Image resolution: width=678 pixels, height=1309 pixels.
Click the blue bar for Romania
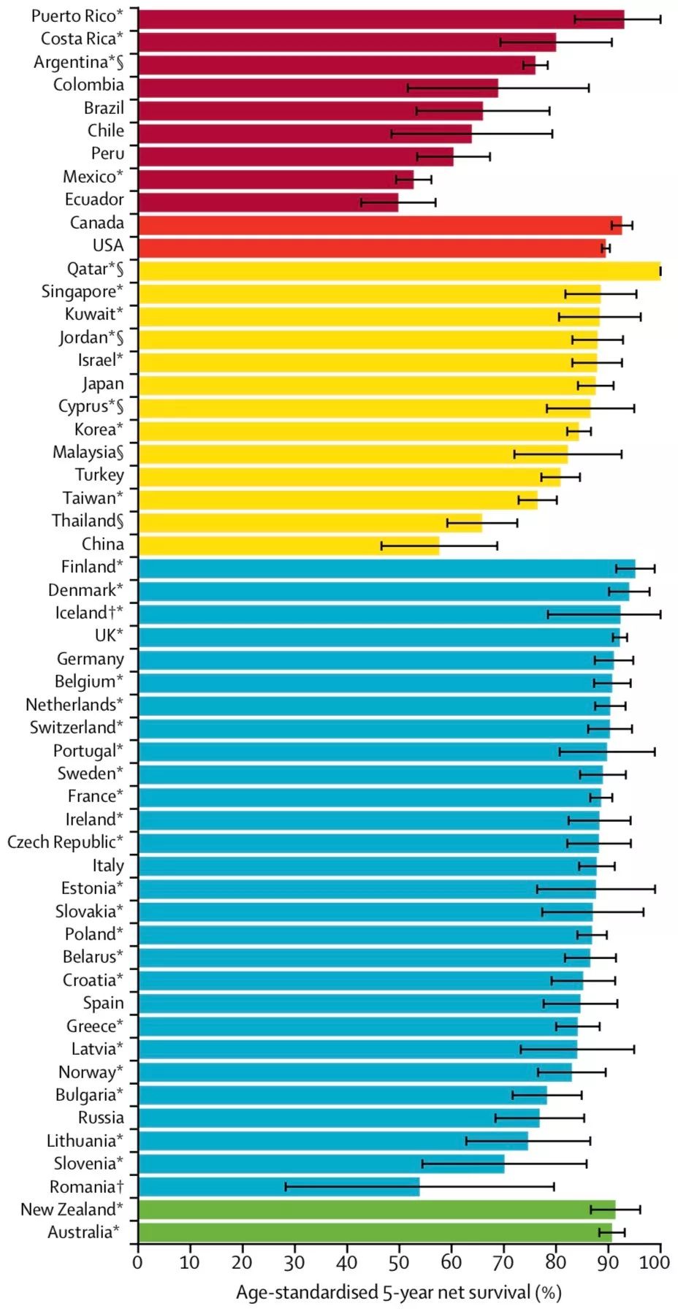[x=278, y=1187]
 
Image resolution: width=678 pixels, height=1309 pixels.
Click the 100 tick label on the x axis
[x=660, y=1262]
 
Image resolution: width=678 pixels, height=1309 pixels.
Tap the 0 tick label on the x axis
[x=138, y=1262]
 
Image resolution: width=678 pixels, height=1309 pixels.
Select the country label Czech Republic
[x=65, y=842]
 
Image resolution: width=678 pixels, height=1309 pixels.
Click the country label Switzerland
[x=76, y=728]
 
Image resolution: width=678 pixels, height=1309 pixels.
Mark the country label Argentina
[x=78, y=62]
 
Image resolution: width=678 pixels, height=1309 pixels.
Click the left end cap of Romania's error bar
[x=286, y=1187]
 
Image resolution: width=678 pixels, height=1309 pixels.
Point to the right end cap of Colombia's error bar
[x=589, y=88]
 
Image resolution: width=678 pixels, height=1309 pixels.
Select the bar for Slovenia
[x=321, y=1164]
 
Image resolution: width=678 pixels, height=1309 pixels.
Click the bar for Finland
[x=386, y=568]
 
